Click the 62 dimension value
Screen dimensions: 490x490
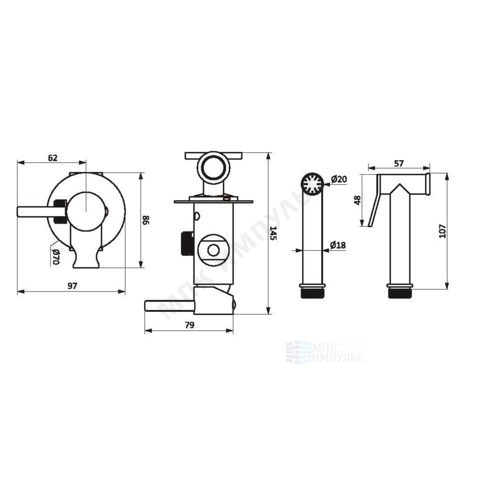tap(53, 158)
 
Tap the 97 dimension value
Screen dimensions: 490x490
tap(72, 286)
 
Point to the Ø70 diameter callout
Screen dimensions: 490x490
tap(56, 256)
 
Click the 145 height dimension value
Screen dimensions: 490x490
tap(273, 233)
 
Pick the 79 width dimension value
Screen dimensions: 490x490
tap(189, 325)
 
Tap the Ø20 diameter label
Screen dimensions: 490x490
tap(339, 179)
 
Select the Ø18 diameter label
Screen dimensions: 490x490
tap(338, 245)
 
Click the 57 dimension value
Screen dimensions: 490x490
tap(399, 163)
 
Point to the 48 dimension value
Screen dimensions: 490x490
tap(358, 200)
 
